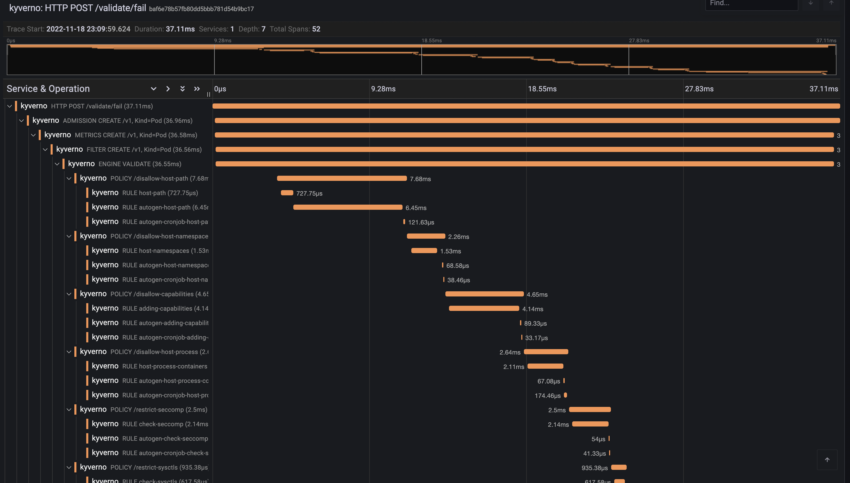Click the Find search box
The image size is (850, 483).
click(x=751, y=4)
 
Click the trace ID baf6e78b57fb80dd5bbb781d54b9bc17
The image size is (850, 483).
click(x=201, y=9)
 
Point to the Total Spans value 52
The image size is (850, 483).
click(x=316, y=29)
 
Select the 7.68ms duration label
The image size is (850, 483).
click(x=420, y=179)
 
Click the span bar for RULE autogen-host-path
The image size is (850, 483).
click(x=348, y=207)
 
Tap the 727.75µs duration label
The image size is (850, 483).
click(x=309, y=194)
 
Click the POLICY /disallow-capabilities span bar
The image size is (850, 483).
click(x=484, y=294)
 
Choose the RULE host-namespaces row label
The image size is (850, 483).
click(x=165, y=251)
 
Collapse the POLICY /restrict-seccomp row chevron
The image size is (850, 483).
click(x=69, y=410)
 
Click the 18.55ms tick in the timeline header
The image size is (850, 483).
click(x=542, y=89)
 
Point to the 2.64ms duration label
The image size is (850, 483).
click(x=510, y=352)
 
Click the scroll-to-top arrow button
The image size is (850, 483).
click(x=827, y=460)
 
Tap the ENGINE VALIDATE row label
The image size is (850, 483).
click(x=139, y=164)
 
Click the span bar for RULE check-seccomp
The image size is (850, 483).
click(x=590, y=424)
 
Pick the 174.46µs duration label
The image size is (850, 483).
click(x=547, y=396)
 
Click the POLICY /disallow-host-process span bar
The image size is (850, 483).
click(x=546, y=352)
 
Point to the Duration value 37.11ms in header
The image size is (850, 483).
click(x=180, y=29)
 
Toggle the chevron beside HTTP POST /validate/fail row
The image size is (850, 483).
click(x=10, y=106)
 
